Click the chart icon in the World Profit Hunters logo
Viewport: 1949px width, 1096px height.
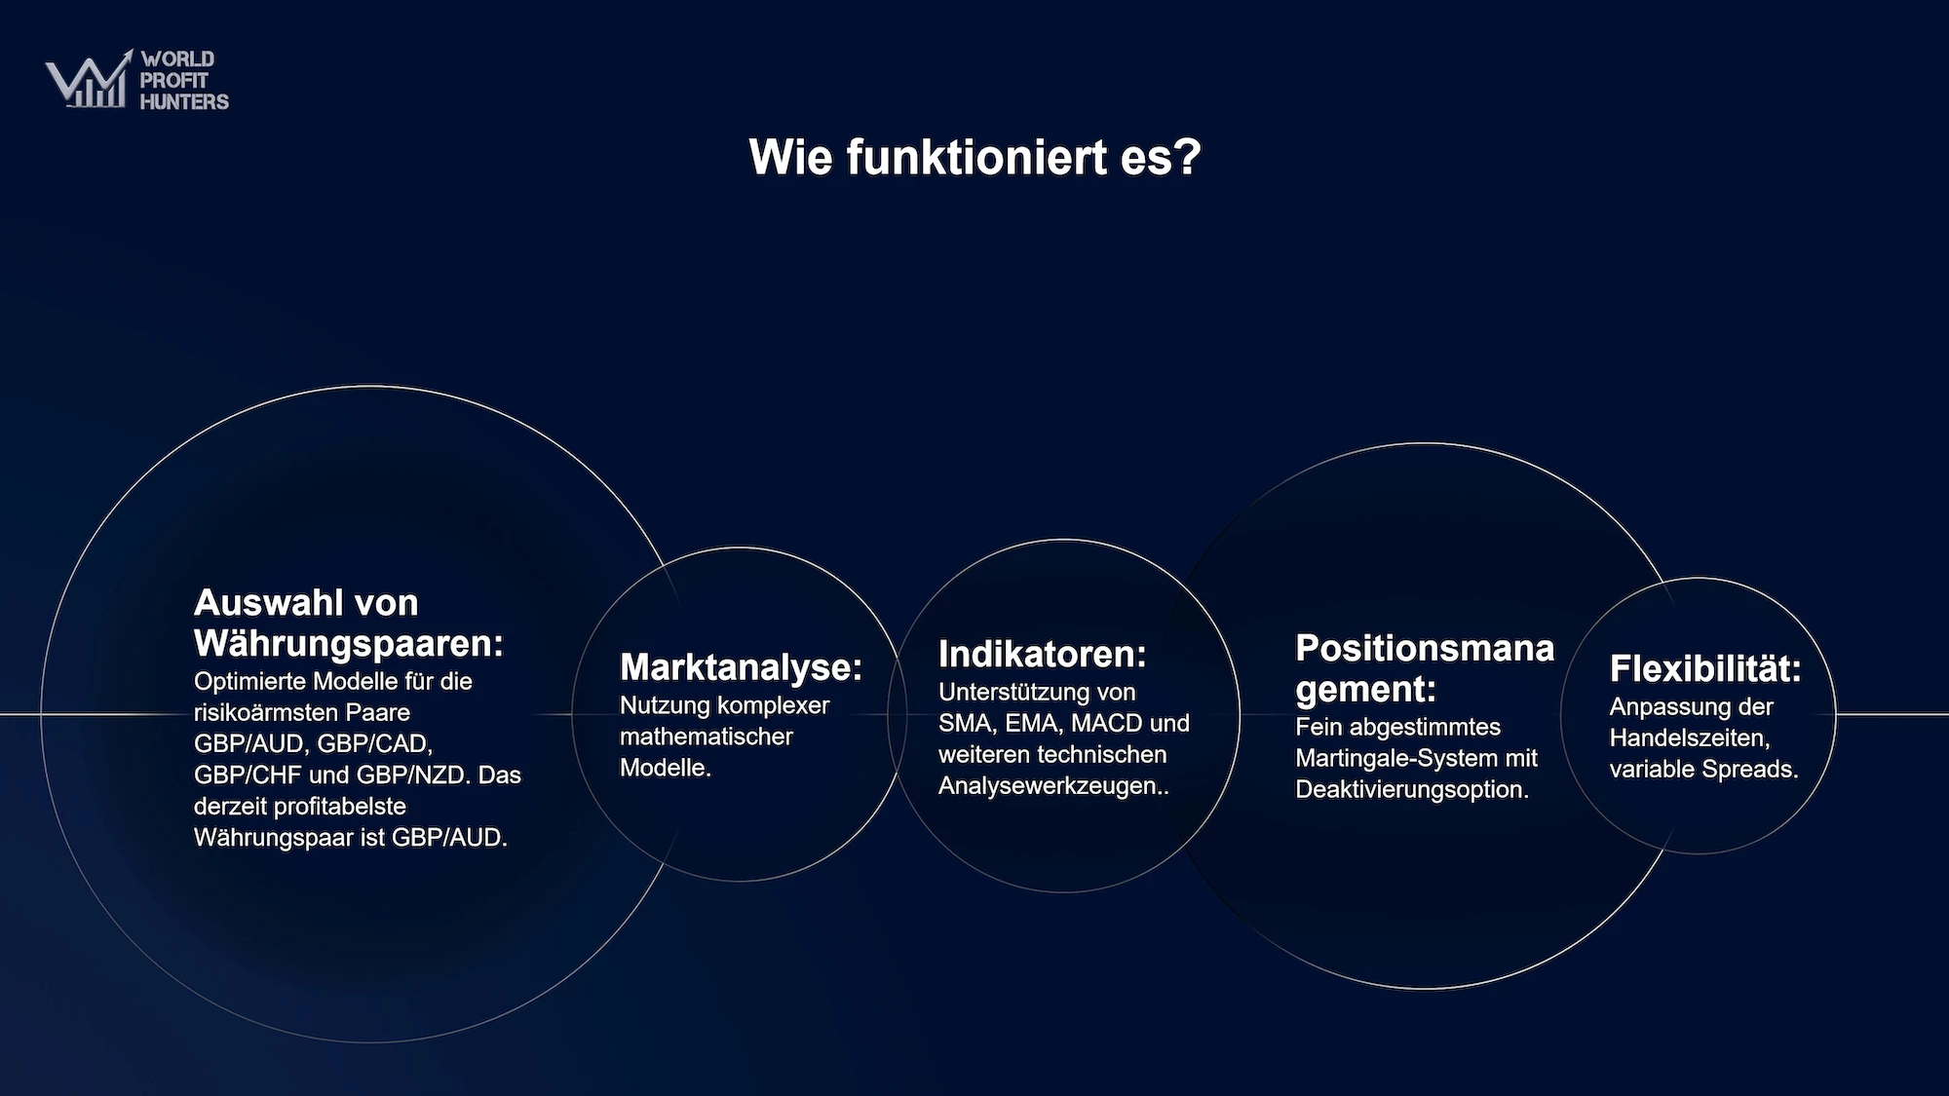(89, 79)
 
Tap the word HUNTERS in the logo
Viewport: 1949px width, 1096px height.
(184, 101)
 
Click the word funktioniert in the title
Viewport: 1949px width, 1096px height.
(976, 157)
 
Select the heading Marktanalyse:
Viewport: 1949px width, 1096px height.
(741, 667)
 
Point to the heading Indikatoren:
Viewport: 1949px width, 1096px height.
(1042, 655)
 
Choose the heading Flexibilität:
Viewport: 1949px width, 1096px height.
(1705, 668)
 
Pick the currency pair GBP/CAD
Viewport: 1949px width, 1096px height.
(375, 744)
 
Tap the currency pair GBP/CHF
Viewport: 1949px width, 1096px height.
(248, 775)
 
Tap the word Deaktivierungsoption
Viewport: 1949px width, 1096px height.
(1412, 790)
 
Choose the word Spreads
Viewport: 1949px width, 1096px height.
(1753, 770)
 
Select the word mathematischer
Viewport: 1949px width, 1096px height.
(707, 737)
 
